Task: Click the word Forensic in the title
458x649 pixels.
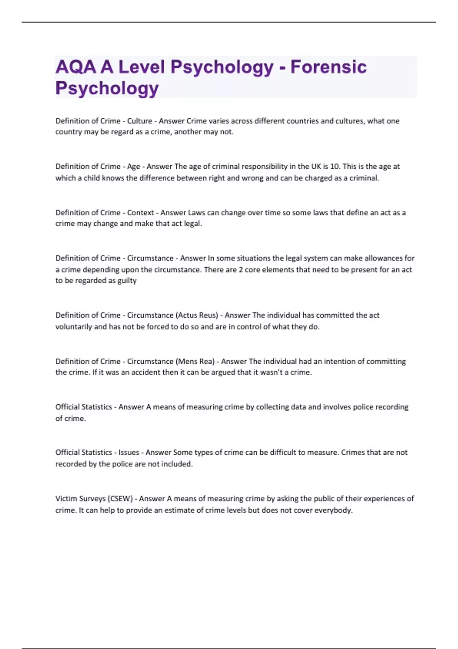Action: (328, 67)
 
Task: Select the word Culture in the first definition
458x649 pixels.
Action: (139, 121)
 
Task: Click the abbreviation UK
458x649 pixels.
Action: (316, 166)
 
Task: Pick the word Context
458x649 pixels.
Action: (140, 213)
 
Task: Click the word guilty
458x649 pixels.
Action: (127, 281)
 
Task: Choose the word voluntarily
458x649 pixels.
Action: (74, 327)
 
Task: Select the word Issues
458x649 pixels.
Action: (129, 452)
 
